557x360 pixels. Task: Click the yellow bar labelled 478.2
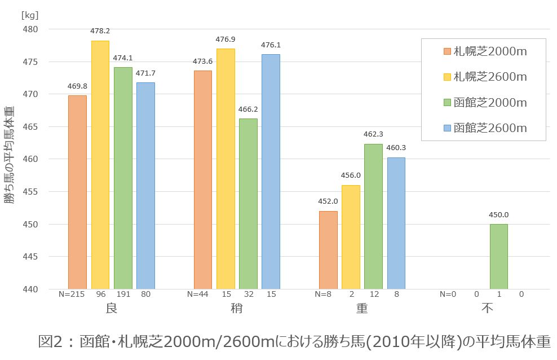pyautogui.click(x=100, y=165)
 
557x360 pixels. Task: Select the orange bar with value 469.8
pyautogui.click(x=77, y=192)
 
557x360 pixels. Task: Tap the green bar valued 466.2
pyautogui.click(x=248, y=204)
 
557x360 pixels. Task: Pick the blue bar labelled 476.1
pyautogui.click(x=271, y=172)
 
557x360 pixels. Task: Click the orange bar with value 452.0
pyautogui.click(x=328, y=250)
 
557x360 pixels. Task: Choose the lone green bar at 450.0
pyautogui.click(x=498, y=257)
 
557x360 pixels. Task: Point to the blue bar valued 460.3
pyautogui.click(x=396, y=223)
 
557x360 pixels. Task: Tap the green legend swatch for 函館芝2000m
pyautogui.click(x=447, y=103)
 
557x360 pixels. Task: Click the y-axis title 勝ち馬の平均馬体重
pyautogui.click(x=10, y=155)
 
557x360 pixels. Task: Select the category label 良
pyautogui.click(x=111, y=309)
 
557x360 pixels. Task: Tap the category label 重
pyautogui.click(x=362, y=309)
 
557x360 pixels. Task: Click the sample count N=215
pyautogui.click(x=72, y=294)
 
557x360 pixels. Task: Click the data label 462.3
pyautogui.click(x=373, y=134)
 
